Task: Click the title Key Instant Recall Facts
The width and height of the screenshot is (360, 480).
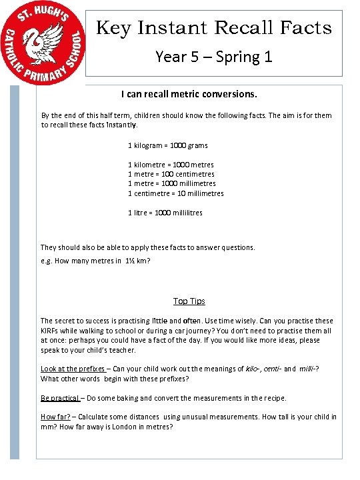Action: click(214, 28)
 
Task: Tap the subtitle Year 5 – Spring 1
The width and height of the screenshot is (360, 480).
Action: click(214, 56)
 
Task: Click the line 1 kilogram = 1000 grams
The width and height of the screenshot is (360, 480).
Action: click(167, 145)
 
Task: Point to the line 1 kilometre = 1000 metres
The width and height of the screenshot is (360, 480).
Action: click(171, 164)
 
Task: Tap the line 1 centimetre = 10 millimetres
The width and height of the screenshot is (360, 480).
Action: click(175, 193)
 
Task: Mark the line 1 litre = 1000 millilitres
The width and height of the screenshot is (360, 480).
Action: click(165, 213)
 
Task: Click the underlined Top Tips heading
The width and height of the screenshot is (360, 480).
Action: click(189, 301)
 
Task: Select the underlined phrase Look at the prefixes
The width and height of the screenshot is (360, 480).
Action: click(73, 369)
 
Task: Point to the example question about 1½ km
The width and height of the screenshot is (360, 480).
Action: click(95, 261)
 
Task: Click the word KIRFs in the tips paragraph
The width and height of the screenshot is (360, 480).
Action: click(51, 331)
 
